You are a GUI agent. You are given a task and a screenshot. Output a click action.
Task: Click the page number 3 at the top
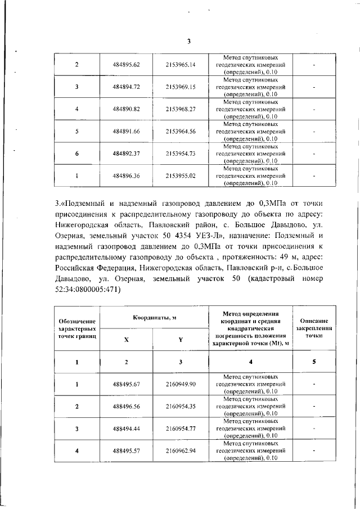(189, 40)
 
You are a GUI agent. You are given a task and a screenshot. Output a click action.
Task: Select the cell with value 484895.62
(126, 65)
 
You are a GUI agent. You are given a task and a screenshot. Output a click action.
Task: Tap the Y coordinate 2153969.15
(181, 87)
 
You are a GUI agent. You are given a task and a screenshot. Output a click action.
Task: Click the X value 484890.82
(126, 109)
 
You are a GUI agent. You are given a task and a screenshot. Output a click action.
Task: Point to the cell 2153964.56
(181, 131)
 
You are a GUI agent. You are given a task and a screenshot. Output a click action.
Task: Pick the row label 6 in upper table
(76, 153)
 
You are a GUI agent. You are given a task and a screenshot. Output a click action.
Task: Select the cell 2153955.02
(181, 175)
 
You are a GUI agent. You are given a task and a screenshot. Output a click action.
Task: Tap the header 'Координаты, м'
(154, 318)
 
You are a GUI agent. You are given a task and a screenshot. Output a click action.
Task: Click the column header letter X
(126, 340)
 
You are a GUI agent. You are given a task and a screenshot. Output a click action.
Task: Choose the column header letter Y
(181, 340)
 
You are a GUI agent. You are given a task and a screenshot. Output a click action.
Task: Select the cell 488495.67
(126, 384)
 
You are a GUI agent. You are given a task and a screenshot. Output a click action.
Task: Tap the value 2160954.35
(181, 406)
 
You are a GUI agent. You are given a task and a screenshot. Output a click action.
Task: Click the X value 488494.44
(126, 429)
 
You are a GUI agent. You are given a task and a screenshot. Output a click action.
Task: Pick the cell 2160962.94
(181, 451)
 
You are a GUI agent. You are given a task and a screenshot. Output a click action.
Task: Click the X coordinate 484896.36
(126, 175)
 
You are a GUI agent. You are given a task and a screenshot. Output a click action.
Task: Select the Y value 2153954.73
(181, 153)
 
